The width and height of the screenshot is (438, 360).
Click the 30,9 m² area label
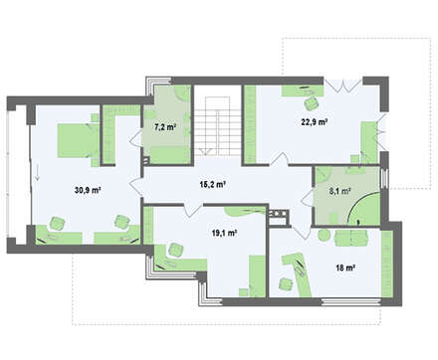pos(88,190)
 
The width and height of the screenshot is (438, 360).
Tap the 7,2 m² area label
pos(165,127)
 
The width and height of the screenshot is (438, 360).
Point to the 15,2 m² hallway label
pos(213,184)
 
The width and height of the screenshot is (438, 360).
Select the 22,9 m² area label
pos(315,121)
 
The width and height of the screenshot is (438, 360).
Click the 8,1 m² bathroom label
pos(339,191)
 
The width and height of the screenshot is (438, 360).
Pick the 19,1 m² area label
pos(224,233)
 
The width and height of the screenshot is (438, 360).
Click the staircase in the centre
pos(217,126)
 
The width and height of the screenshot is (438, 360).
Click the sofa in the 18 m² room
pos(351,238)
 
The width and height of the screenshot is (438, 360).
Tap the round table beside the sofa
pos(324,236)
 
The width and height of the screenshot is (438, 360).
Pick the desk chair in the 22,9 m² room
pos(312,103)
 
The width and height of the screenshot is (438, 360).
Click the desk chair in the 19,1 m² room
pos(175,250)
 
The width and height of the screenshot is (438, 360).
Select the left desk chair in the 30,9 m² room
pos(57,223)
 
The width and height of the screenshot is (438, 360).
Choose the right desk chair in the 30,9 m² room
pos(121,222)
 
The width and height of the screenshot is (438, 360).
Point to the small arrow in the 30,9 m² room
pos(38,172)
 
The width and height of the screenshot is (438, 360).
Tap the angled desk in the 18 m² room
pos(298,271)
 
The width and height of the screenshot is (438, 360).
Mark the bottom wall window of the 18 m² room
pos(350,301)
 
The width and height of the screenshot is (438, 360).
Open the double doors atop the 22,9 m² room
pos(342,85)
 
